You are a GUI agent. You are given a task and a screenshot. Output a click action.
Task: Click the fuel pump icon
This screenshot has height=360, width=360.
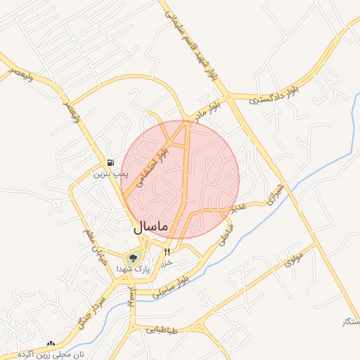112,162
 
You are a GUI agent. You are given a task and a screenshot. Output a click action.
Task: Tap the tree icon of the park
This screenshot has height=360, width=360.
133,258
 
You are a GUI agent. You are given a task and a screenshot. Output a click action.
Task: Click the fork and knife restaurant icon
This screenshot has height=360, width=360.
167,252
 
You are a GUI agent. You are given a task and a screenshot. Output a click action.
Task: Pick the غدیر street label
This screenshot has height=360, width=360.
240,208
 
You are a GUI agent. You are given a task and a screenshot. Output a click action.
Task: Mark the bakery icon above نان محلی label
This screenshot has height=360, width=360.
50,344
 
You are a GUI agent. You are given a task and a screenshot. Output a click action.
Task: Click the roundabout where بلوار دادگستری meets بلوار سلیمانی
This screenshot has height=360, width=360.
226,97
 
